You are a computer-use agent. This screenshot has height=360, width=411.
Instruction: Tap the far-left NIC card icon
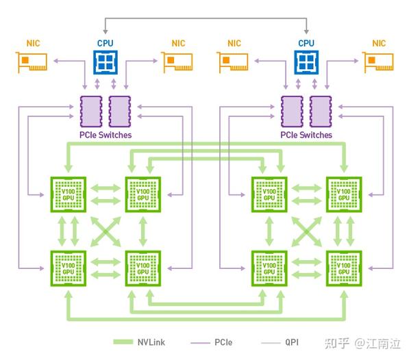pos(33,63)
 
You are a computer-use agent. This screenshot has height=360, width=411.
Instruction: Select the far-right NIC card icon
pos(379,63)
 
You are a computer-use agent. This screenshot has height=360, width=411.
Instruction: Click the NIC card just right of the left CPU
pos(177,63)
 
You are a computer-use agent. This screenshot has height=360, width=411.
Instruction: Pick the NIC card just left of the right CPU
pos(234,63)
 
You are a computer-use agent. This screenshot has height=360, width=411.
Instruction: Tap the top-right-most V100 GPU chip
pos(343,194)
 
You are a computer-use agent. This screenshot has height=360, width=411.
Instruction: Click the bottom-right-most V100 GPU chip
pos(343,267)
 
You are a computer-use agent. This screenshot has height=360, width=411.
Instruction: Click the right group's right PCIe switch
pos(321,110)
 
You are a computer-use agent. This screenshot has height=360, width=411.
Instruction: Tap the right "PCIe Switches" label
pos(306,135)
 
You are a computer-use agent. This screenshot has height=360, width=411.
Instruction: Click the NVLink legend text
pos(151,342)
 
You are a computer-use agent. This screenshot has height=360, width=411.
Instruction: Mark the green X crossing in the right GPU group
pos(306,231)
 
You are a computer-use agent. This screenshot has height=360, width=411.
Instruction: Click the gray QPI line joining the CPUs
pos(206,18)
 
